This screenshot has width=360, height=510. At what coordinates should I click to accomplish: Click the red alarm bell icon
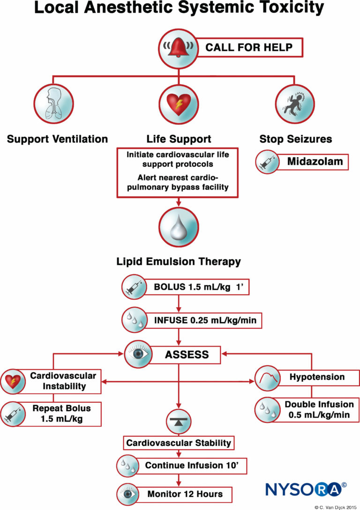(x=180, y=47)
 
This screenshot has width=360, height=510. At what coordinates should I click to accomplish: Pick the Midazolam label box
(x=314, y=163)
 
